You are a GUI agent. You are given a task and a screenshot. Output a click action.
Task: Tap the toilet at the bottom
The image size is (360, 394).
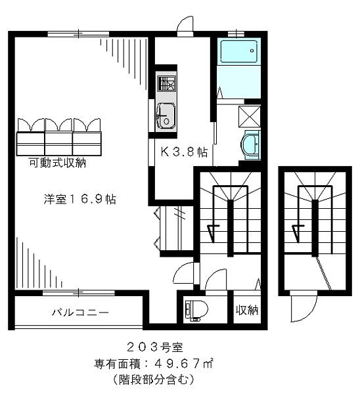196,309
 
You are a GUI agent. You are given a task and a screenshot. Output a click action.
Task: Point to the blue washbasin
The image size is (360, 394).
250,144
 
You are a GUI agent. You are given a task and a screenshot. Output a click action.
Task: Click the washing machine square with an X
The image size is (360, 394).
250,116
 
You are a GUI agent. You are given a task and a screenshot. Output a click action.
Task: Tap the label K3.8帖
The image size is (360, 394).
185,152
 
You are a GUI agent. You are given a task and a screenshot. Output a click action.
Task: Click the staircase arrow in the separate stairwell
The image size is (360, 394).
299,231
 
